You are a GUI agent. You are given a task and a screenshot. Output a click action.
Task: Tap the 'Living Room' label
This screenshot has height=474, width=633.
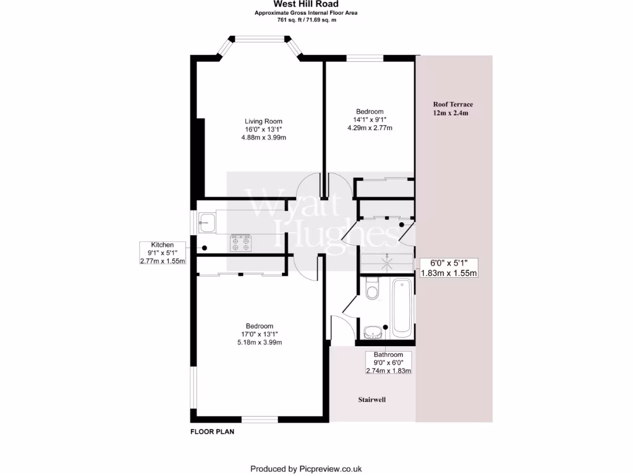coord(263,121)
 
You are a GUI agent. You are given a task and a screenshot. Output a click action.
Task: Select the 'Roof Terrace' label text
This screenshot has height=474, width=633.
coord(453,104)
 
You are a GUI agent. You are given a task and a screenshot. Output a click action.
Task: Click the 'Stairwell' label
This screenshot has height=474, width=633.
coord(372,400)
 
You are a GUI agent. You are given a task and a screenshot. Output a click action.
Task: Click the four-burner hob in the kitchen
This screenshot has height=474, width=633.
coord(241,243)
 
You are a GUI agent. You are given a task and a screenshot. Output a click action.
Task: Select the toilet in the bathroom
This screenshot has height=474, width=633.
coord(372,289)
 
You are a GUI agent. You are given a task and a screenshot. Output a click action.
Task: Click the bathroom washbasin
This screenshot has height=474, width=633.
coord(373,333)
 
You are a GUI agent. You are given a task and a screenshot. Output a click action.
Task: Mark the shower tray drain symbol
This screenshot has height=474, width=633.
coord(388,262)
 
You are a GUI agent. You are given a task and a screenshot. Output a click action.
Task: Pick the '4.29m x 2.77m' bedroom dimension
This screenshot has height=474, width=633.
coord(370,128)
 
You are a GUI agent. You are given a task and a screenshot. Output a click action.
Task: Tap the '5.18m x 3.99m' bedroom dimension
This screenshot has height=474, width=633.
coord(259,343)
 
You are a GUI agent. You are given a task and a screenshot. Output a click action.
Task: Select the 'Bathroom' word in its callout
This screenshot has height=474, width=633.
coord(388,355)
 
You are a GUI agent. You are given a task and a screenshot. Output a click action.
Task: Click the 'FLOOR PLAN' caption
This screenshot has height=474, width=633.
coord(211,432)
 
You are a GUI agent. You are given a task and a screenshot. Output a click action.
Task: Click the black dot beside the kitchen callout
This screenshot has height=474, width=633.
coord(203,248)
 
